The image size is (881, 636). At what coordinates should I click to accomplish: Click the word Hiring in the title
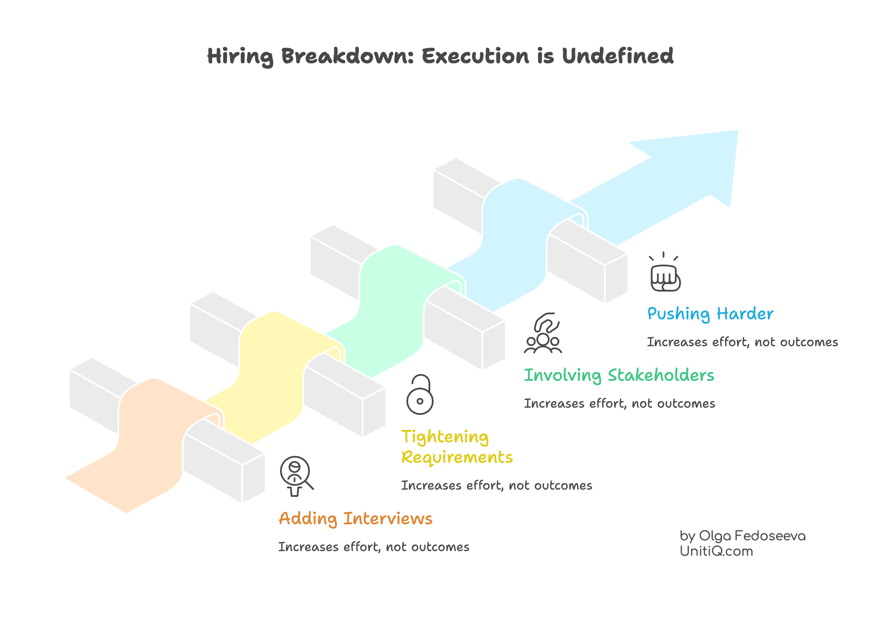(240, 57)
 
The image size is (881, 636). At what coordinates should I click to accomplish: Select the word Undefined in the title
(617, 56)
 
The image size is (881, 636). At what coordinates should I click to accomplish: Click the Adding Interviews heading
(355, 519)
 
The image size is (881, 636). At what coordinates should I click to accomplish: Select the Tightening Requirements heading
(456, 446)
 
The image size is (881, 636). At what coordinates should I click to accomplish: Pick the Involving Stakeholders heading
(618, 375)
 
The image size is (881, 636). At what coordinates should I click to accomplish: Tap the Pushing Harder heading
(710, 314)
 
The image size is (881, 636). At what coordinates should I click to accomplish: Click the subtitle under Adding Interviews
(373, 547)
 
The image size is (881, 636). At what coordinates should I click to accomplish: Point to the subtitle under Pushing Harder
(742, 342)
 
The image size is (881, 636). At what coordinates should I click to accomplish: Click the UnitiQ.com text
(716, 551)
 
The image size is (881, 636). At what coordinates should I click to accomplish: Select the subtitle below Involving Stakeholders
(619, 403)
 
